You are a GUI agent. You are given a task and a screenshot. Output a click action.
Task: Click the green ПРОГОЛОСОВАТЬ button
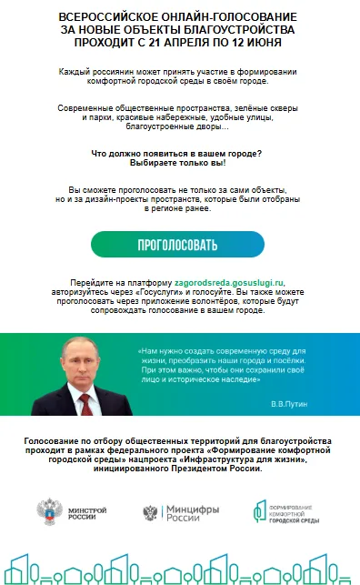point(177,245)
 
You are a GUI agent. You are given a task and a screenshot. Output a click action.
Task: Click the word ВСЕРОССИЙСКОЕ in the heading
point(102,17)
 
